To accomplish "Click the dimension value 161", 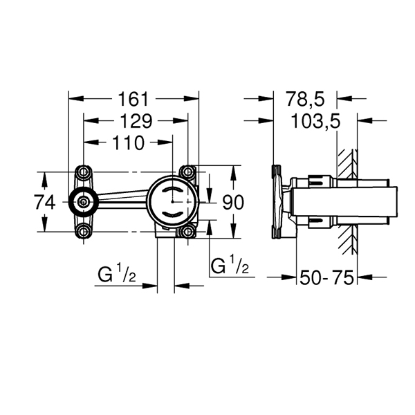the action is (x=133, y=99).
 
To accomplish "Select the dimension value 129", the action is (x=136, y=121).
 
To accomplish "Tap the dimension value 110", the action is (x=129, y=143).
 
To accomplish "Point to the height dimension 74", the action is (x=45, y=202).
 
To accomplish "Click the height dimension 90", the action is (x=232, y=203).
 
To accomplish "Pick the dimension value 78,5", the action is (x=305, y=99).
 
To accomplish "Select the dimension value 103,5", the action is (x=315, y=122).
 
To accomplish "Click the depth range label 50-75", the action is (x=326, y=277).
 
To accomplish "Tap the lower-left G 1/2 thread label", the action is (x=117, y=274).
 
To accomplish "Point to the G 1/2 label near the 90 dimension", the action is (x=230, y=265).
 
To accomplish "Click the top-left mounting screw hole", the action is (x=84, y=172).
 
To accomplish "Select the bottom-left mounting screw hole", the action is (x=84, y=232).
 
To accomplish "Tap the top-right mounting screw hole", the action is (x=188, y=172).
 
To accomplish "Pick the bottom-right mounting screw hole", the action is (x=188, y=232).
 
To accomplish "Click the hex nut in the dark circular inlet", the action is (x=84, y=202).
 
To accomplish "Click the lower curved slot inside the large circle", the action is (x=172, y=214).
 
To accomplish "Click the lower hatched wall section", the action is (x=347, y=239).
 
